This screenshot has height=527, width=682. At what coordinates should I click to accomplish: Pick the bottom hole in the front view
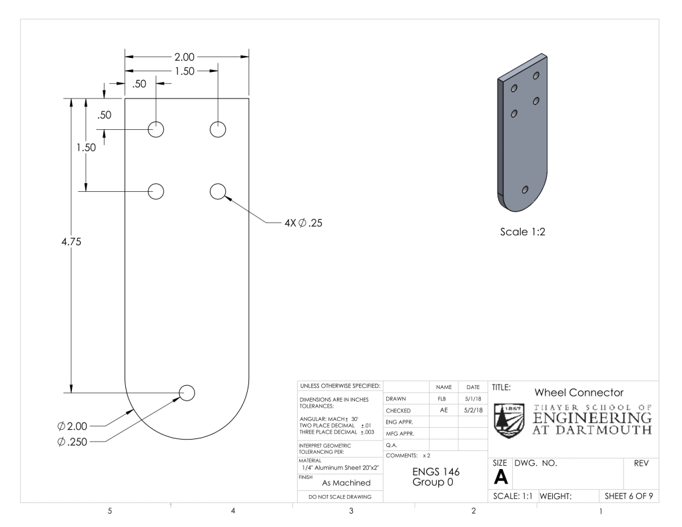[x=186, y=393]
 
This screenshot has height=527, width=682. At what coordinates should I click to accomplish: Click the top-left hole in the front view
[x=157, y=129]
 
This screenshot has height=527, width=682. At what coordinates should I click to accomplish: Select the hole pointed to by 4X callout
[x=218, y=191]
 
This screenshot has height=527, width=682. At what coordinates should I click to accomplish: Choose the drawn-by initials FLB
[x=440, y=398]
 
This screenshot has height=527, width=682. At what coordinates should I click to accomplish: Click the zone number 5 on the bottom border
[x=110, y=512]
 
